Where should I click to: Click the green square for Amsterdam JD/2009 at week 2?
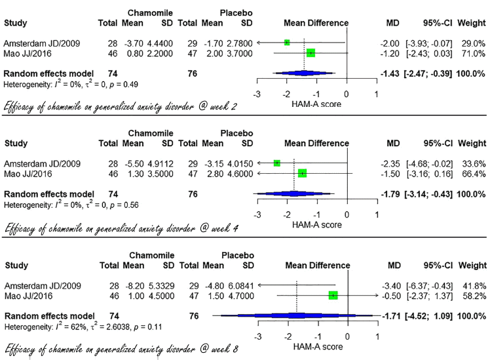[x=287, y=42]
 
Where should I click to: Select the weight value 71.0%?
[x=471, y=53]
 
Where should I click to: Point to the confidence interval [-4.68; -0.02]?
[x=428, y=163]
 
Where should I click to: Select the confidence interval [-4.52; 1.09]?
[x=428, y=315]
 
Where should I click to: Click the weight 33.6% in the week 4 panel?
[x=471, y=163]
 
